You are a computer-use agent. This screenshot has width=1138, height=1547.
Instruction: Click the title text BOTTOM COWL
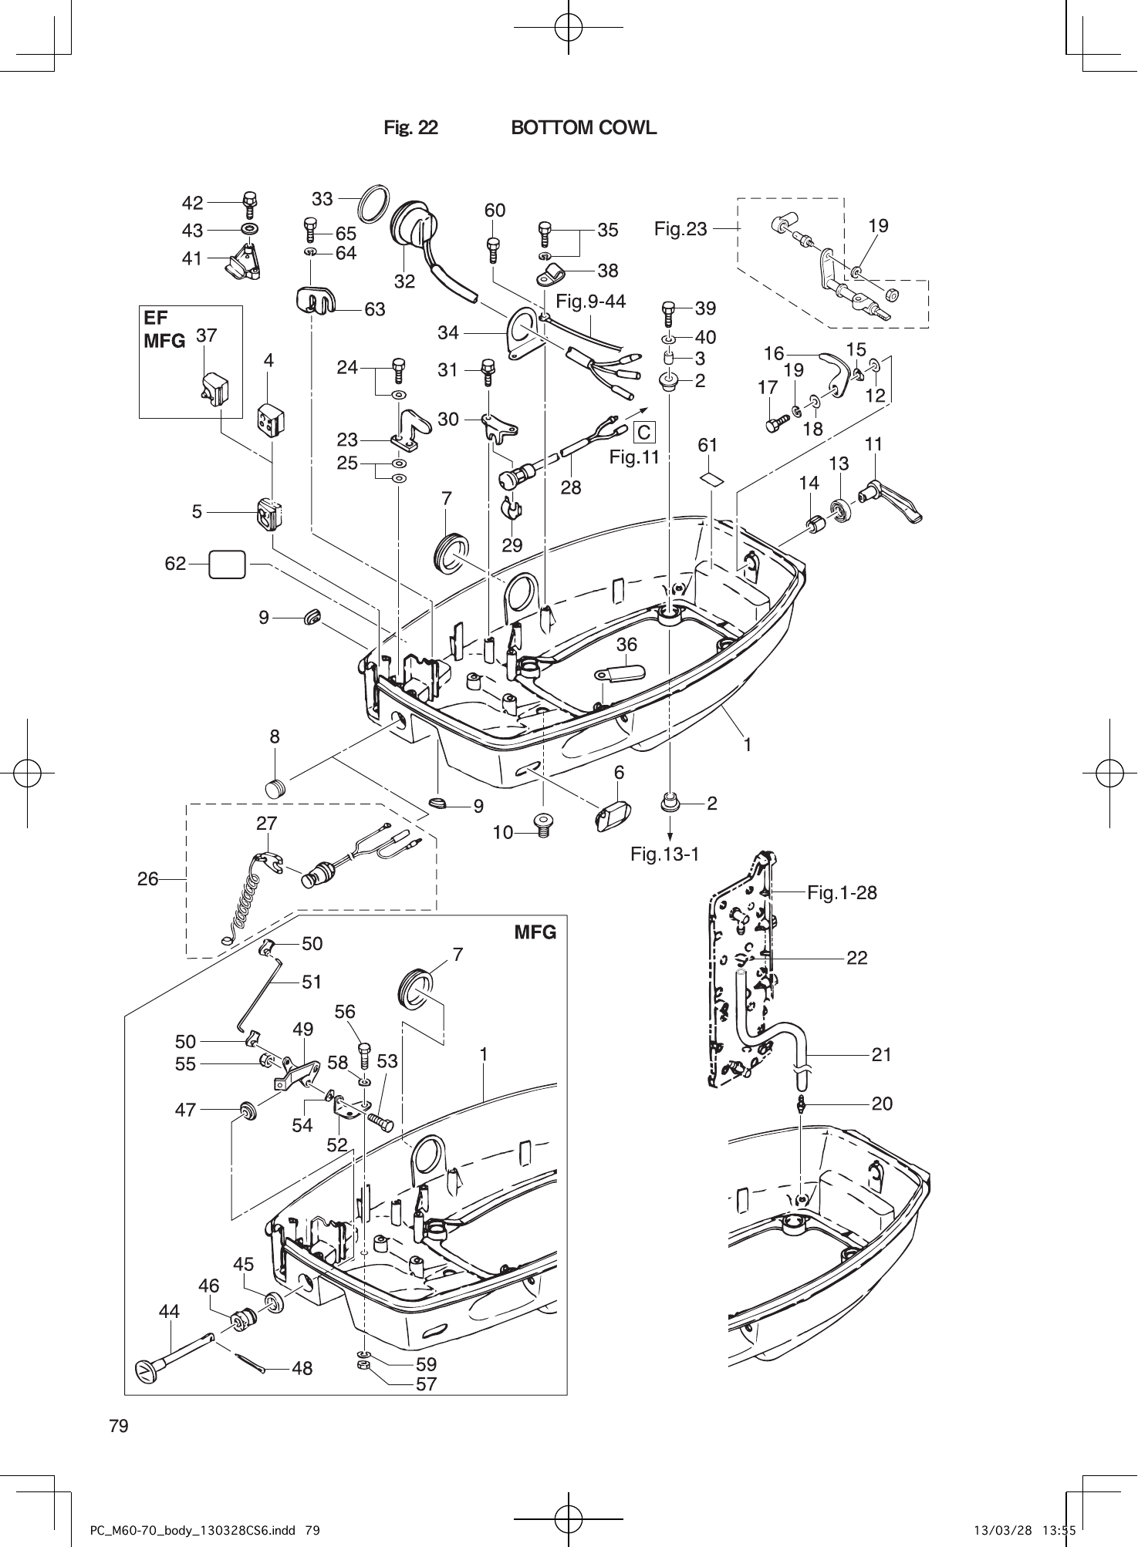coord(584,128)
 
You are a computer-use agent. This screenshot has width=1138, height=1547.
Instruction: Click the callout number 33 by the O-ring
coord(322,199)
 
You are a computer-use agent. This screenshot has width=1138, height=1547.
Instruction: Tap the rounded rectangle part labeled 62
coord(228,565)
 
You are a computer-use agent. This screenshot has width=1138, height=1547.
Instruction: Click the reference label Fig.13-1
coord(664,854)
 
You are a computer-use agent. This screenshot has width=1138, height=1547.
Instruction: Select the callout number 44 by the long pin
coord(169,1311)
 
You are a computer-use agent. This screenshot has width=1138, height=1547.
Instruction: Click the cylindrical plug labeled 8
coord(275,789)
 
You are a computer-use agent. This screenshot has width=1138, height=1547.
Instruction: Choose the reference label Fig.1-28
coord(842,893)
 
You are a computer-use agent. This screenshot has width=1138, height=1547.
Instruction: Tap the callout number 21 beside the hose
coord(881,1055)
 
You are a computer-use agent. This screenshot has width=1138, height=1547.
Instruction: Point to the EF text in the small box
coord(155,318)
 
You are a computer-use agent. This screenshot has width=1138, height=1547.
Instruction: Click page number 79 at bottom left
coord(119,1426)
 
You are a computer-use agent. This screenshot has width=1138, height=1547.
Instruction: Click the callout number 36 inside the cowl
coord(626,644)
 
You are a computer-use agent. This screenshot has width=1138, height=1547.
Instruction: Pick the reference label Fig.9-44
coord(590,302)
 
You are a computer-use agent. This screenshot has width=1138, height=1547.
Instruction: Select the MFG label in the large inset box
coord(535,932)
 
